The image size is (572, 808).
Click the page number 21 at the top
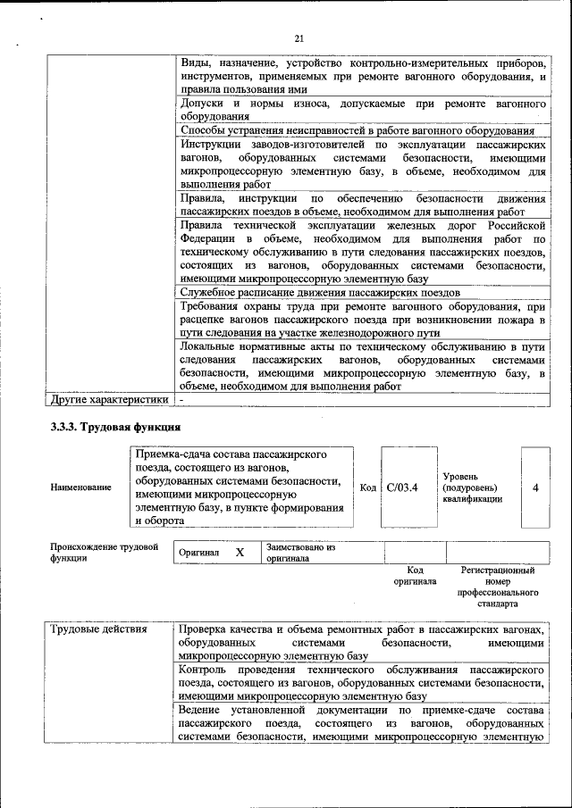[299, 37]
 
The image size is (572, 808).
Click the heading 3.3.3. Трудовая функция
[116, 427]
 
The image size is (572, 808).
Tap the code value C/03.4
[404, 487]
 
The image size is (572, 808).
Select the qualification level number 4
[535, 487]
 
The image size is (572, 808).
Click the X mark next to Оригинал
[240, 552]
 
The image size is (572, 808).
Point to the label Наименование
[81, 487]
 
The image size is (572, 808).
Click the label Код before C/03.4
[368, 487]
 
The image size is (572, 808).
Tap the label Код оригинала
[415, 575]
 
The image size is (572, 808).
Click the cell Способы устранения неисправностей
[362, 130]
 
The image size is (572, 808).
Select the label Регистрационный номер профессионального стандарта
[497, 586]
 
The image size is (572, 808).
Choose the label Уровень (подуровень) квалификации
[471, 487]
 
